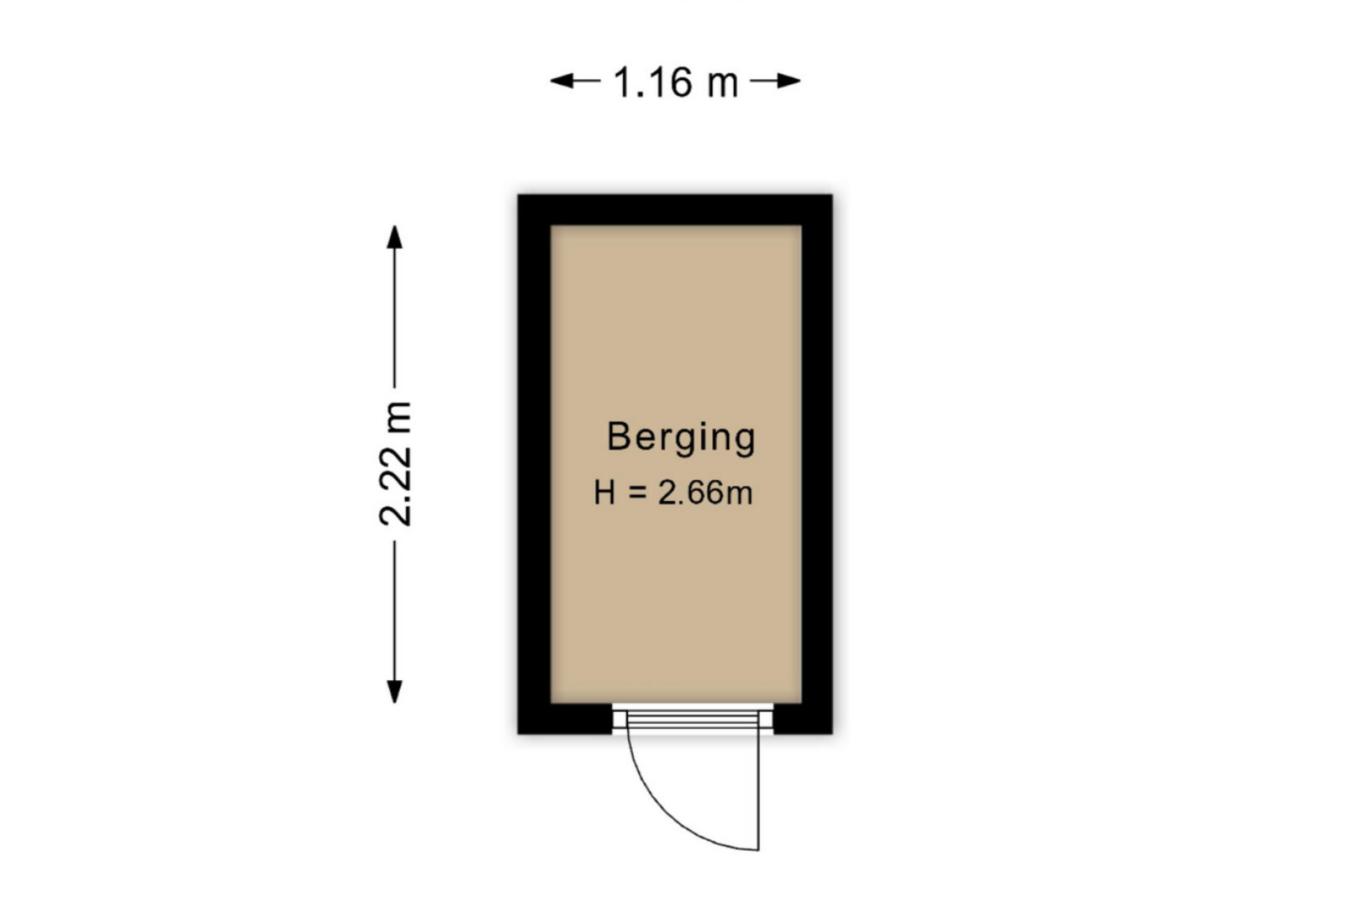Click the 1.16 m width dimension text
[x=676, y=82]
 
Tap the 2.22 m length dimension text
[x=396, y=463]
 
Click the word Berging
[x=682, y=438]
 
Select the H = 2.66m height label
[x=673, y=493]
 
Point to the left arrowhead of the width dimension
[x=563, y=81]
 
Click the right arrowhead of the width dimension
[x=788, y=81]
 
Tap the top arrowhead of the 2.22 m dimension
[x=394, y=237]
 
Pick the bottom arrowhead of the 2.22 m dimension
[x=394, y=691]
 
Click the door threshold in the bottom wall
[x=693, y=719]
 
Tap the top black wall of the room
[x=675, y=209]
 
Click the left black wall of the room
[x=535, y=463]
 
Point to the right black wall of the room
[x=817, y=463]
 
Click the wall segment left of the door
[x=565, y=718]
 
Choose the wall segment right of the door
[x=803, y=718]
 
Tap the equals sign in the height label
[x=637, y=494]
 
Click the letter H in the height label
[x=604, y=493]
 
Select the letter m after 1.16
[x=723, y=85]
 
